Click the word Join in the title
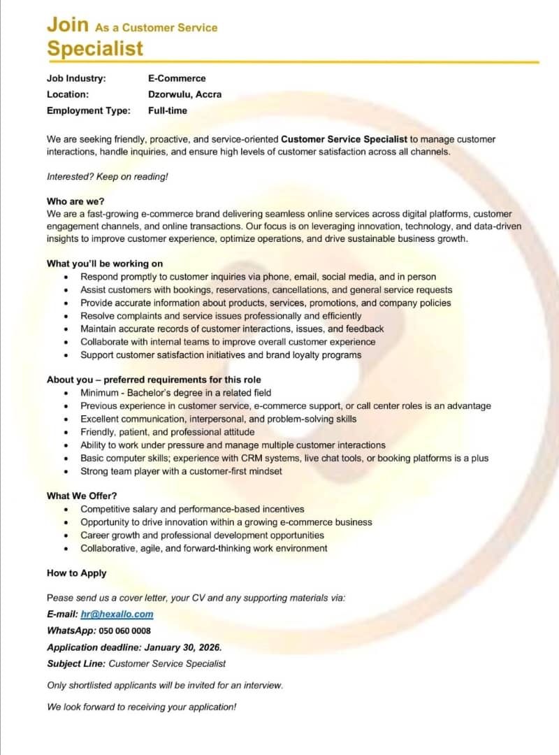coord(68,24)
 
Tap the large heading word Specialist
coord(95,48)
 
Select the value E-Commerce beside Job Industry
coord(177,78)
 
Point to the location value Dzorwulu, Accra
coord(184,94)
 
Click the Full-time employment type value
coord(168,110)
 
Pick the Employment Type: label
coord(89,110)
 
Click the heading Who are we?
coord(75,201)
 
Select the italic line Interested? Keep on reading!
coord(108,176)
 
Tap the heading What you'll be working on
coord(105,264)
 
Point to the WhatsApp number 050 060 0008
coord(125,631)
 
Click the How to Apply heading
coord(77,573)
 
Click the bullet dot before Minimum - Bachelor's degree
coord(66,394)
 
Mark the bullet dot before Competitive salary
coord(66,510)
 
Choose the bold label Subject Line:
coord(76,663)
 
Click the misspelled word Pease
coord(59,598)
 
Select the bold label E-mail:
coord(62,614)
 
